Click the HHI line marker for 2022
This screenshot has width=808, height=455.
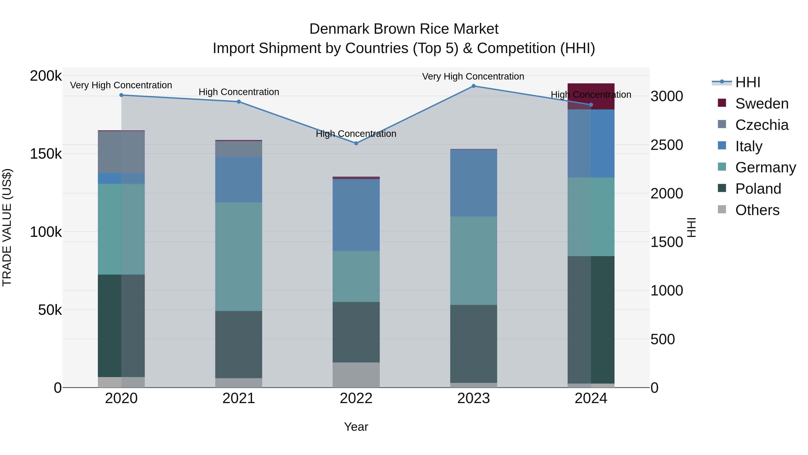[x=356, y=143]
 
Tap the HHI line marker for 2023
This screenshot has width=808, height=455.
[x=473, y=86]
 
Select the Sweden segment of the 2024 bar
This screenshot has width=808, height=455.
[x=591, y=96]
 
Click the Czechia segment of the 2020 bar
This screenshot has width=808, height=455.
[x=121, y=152]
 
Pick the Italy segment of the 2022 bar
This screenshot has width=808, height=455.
[x=356, y=215]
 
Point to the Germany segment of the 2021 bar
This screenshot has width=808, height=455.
[x=239, y=257]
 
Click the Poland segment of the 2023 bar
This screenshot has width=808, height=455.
[x=473, y=344]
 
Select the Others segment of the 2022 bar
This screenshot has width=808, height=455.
[x=356, y=375]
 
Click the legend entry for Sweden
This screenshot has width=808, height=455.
[x=761, y=104]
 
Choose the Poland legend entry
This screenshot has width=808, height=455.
[x=758, y=189]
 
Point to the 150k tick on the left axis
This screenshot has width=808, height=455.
[x=46, y=154]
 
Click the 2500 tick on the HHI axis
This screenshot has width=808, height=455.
[x=667, y=145]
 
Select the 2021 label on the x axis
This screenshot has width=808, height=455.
[x=239, y=398]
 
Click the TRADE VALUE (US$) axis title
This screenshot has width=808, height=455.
[x=7, y=227]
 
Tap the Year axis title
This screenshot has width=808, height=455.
[x=356, y=427]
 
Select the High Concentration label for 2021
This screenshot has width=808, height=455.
[x=239, y=92]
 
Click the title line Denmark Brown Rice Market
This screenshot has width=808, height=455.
[x=404, y=29]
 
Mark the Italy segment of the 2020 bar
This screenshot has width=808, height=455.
[x=121, y=178]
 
